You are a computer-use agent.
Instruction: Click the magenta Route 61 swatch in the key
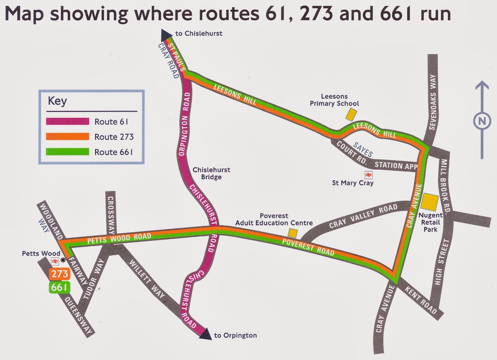67,122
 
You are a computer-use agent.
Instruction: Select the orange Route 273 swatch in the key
67,137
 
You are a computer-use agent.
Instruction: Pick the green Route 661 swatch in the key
67,152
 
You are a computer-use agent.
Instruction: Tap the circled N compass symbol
482,121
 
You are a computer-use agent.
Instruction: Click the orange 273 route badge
59,274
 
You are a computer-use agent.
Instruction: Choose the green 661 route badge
59,287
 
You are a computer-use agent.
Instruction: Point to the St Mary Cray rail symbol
368,175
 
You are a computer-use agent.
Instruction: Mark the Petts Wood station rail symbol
55,261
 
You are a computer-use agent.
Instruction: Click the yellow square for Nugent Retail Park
430,202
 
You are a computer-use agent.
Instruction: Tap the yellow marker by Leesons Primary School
351,114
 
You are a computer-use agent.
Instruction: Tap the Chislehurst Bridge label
211,173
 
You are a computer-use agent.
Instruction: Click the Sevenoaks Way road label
433,102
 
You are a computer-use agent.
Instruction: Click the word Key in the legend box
57,101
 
